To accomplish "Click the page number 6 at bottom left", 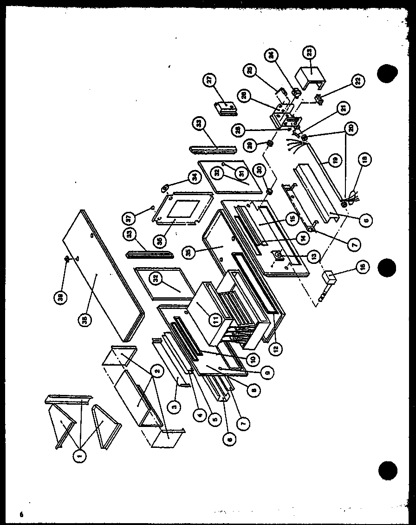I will [x=21, y=514].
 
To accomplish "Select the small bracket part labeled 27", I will [x=226, y=108].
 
